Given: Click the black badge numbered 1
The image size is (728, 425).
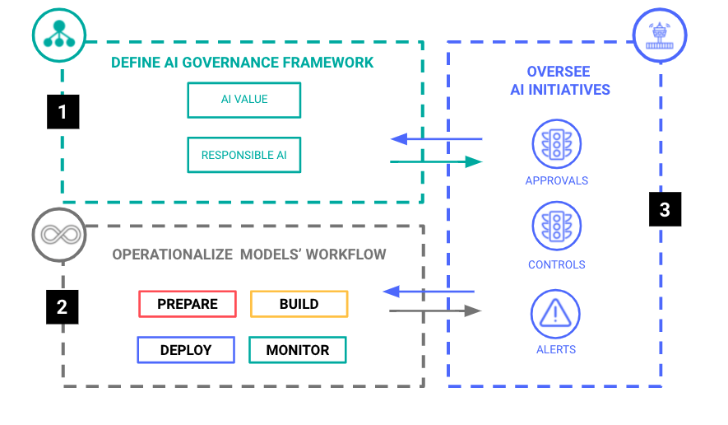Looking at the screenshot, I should click(63, 111).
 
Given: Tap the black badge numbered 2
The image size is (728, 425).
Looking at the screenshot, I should click(63, 308).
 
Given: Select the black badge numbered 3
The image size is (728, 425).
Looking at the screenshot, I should click(665, 209).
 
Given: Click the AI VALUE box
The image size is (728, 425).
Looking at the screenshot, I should click(244, 100).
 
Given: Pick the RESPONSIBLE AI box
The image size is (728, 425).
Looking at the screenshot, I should click(244, 155).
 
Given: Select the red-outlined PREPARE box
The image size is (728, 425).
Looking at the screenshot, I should click(188, 304).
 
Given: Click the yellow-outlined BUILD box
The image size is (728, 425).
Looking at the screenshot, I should click(299, 304).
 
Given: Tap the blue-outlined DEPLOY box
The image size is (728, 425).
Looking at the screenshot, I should click(186, 350).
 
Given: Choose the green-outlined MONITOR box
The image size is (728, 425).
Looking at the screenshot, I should click(297, 350).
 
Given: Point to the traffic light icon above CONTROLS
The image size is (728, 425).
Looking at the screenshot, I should click(556, 227).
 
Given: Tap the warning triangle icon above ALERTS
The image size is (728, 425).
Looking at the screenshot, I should click(556, 313).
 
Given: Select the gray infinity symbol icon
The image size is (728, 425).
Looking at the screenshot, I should click(59, 234).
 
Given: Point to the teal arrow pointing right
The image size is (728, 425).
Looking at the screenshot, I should click(436, 162).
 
